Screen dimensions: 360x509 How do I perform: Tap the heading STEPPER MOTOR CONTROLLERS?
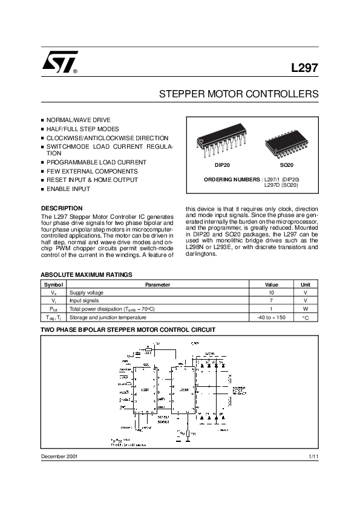coord(238,95)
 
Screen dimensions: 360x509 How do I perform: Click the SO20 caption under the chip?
coord(286,165)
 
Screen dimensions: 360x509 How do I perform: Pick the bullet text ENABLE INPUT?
coord(68,189)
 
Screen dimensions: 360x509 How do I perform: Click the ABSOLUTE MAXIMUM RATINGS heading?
coord(86,274)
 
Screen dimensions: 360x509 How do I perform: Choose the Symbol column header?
coord(53,284)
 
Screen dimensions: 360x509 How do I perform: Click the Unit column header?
coord(306,284)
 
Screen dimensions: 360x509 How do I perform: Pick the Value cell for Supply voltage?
coord(272,292)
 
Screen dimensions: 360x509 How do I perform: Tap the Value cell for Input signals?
coord(272,300)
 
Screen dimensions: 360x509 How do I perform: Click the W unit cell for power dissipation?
coord(306,309)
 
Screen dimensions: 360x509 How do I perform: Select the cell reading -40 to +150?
coord(271,317)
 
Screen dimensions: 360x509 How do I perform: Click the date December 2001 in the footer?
coord(59,456)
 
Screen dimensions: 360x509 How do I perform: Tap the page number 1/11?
coord(313,456)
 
